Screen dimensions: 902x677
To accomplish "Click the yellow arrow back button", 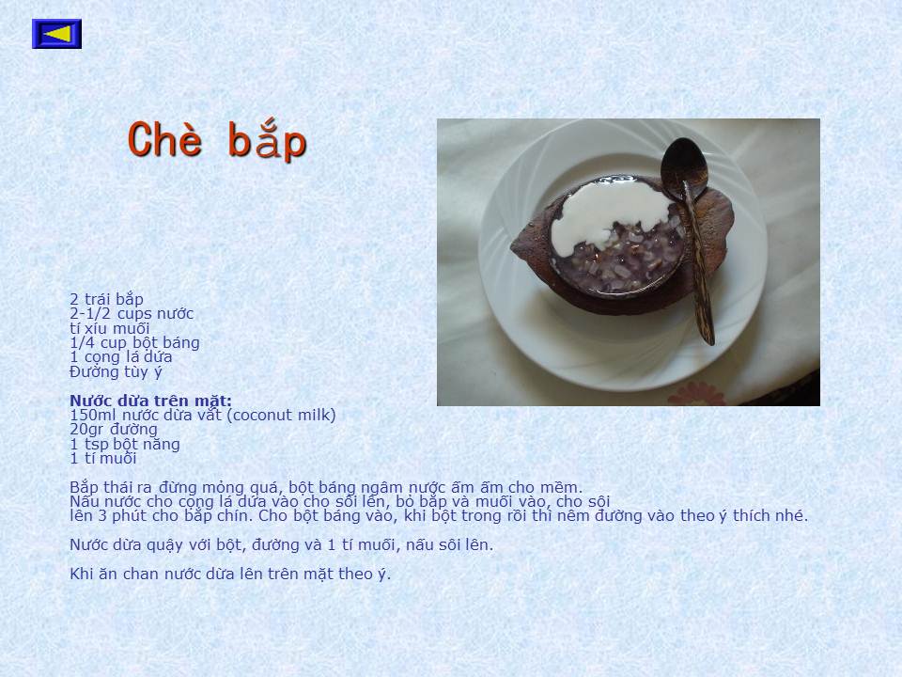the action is (56, 34).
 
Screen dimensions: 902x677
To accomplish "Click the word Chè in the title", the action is (165, 139).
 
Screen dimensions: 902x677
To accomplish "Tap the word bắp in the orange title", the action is (267, 140).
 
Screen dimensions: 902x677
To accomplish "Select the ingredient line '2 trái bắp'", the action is (106, 299).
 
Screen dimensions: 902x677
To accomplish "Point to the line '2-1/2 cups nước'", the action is (132, 314).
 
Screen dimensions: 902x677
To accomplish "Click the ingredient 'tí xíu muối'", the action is (109, 328).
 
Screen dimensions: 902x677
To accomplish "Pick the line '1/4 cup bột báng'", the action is (134, 342).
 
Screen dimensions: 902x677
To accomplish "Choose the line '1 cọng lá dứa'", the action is (121, 357).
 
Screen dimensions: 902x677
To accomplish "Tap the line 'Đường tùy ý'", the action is (116, 372).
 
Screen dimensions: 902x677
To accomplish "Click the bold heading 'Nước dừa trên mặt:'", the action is (150, 401).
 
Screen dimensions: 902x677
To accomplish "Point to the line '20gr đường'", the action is (114, 430).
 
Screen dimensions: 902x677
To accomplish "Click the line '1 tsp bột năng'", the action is (125, 444).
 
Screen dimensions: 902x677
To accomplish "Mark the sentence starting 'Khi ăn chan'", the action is (230, 574).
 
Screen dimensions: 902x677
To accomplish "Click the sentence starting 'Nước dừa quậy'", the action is (281, 544).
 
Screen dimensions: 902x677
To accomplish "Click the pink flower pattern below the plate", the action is (695, 396).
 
